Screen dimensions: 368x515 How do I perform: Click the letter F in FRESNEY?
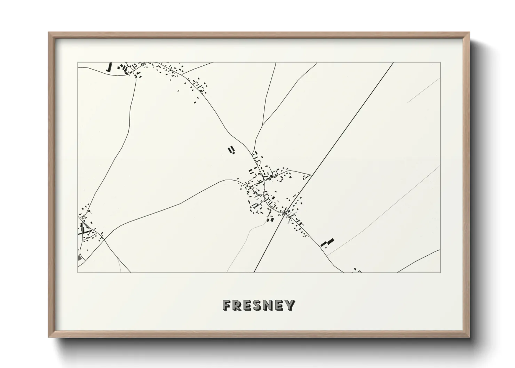pyautogui.click(x=226, y=305)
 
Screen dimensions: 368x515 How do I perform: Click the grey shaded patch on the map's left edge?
pyautogui.click(x=80, y=258)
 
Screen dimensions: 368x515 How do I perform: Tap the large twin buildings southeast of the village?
pyautogui.click(x=327, y=242)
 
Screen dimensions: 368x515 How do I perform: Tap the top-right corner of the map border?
pyautogui.click(x=440, y=62)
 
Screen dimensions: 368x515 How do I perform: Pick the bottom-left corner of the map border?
pyautogui.click(x=78, y=272)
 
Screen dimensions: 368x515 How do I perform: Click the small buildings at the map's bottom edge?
pyautogui.click(x=357, y=270)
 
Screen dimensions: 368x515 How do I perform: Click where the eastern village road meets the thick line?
pyautogui.click(x=312, y=175)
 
